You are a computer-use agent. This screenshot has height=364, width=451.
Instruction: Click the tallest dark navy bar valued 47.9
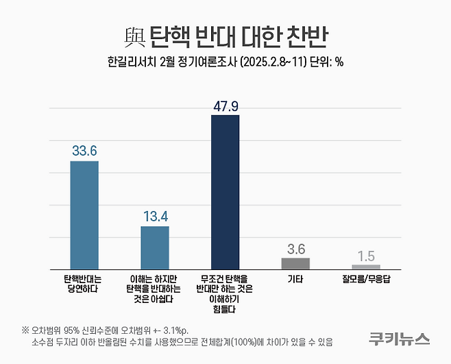(x=225, y=192)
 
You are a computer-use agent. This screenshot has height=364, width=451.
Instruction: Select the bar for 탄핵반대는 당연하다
(x=84, y=215)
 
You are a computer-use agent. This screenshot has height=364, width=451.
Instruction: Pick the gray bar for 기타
(x=295, y=263)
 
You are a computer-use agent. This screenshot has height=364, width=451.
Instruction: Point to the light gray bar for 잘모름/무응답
(x=365, y=267)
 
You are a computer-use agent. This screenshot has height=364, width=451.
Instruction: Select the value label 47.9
(x=225, y=105)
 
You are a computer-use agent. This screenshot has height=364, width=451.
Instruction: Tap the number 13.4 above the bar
(x=154, y=216)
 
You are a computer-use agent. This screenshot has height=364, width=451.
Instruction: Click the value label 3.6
(x=295, y=248)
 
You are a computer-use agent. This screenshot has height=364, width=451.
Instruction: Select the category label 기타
(x=295, y=279)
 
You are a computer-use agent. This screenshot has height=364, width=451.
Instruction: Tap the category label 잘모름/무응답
(x=366, y=279)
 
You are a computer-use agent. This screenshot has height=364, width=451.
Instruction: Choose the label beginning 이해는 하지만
(x=154, y=289)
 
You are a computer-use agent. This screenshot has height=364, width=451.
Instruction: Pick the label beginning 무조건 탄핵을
(x=225, y=294)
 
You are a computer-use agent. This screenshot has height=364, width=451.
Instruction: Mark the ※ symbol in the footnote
(x=25, y=328)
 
